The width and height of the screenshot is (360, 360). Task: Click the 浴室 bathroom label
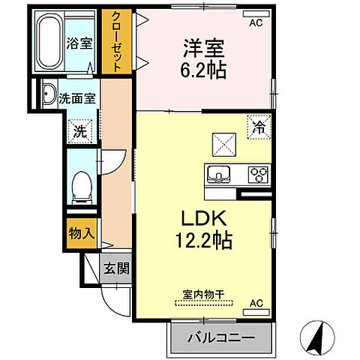click(79, 43)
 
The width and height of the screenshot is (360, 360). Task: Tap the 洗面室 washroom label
click(76, 97)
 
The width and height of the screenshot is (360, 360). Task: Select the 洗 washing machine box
click(79, 130)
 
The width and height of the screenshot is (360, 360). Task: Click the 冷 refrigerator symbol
click(256, 127)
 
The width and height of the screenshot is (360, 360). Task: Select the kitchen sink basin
click(218, 174)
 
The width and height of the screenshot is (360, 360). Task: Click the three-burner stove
click(259, 174)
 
